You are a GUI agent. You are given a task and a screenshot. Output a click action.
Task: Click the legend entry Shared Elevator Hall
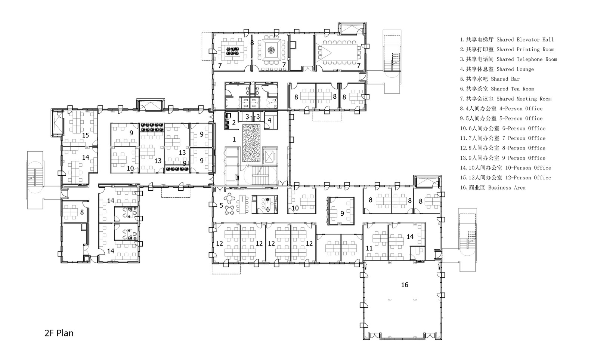(x=507, y=40)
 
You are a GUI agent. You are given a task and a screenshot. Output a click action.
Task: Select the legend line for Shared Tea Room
(x=497, y=89)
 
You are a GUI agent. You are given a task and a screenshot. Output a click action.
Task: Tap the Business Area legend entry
(x=493, y=188)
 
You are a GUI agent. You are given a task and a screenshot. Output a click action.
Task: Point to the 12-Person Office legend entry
(x=505, y=178)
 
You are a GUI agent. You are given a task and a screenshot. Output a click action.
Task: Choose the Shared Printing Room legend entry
(x=507, y=49)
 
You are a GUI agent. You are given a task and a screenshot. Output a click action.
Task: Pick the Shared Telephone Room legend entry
(x=508, y=59)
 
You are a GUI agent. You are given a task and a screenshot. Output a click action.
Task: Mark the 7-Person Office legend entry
(x=502, y=138)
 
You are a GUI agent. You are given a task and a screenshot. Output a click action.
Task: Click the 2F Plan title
(x=59, y=333)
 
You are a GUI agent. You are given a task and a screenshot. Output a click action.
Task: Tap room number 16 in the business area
(x=405, y=285)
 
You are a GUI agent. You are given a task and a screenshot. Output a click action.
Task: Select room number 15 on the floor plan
(x=86, y=135)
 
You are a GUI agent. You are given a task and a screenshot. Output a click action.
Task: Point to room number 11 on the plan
(x=369, y=248)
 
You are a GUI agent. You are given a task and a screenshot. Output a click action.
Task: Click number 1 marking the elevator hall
(x=234, y=139)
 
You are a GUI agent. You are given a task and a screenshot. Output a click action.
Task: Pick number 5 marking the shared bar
(x=221, y=205)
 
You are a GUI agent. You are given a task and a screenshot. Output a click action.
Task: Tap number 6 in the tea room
(x=268, y=209)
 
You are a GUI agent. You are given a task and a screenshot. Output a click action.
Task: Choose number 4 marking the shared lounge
(x=269, y=120)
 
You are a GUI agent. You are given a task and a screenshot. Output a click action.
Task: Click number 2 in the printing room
(x=234, y=123)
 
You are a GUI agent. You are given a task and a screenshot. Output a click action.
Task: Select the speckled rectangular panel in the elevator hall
(x=251, y=143)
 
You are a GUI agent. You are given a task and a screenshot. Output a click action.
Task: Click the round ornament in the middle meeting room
(x=271, y=50)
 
